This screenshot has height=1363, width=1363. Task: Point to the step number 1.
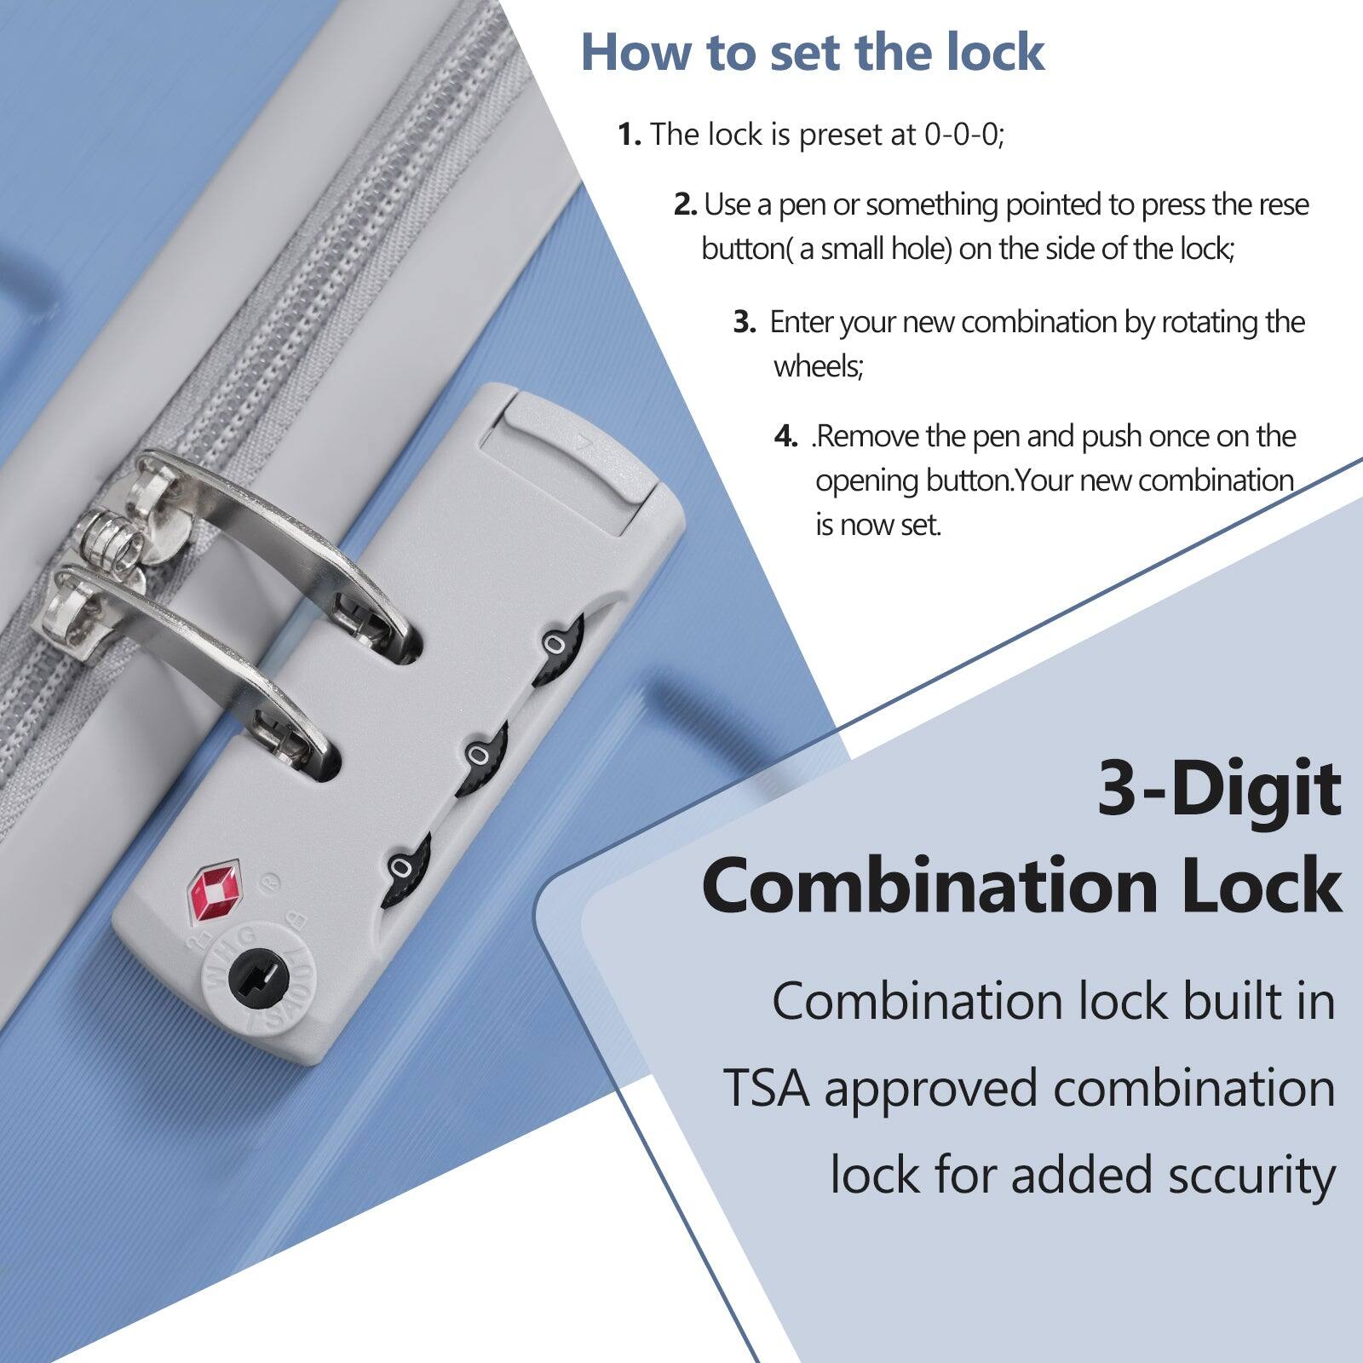[x=629, y=135]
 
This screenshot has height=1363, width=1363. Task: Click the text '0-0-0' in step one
[x=962, y=135]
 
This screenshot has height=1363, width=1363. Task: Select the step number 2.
[x=685, y=205]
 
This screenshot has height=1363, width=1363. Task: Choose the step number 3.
[x=745, y=323]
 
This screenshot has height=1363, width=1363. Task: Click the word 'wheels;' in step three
[x=818, y=366]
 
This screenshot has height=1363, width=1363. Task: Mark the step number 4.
[x=785, y=437]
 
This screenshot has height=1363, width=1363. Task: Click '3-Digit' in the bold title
[x=1218, y=789]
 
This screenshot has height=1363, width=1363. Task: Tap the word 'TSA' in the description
[x=767, y=1089]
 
